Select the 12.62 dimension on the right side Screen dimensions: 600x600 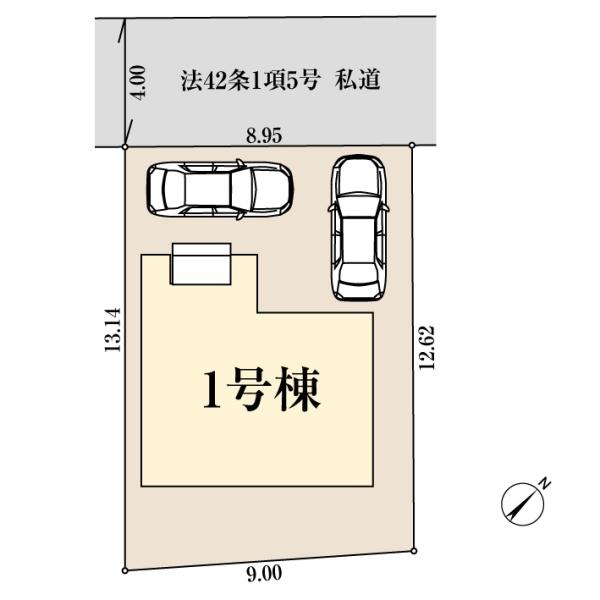pyautogui.click(x=427, y=348)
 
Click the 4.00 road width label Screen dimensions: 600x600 pyautogui.click(x=139, y=80)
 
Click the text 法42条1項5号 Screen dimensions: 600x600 pyautogui.click(x=250, y=80)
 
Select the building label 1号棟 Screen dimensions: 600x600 pyautogui.click(x=262, y=391)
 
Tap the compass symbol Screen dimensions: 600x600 pyautogui.click(x=520, y=503)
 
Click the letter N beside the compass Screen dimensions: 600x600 pyautogui.click(x=544, y=483)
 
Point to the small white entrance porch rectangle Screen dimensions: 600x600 pyautogui.click(x=203, y=263)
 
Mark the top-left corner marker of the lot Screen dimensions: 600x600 pyautogui.click(x=125, y=147)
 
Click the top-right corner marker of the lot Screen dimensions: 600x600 pyautogui.click(x=413, y=146)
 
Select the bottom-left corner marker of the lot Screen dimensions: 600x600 pyautogui.click(x=125, y=570)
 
